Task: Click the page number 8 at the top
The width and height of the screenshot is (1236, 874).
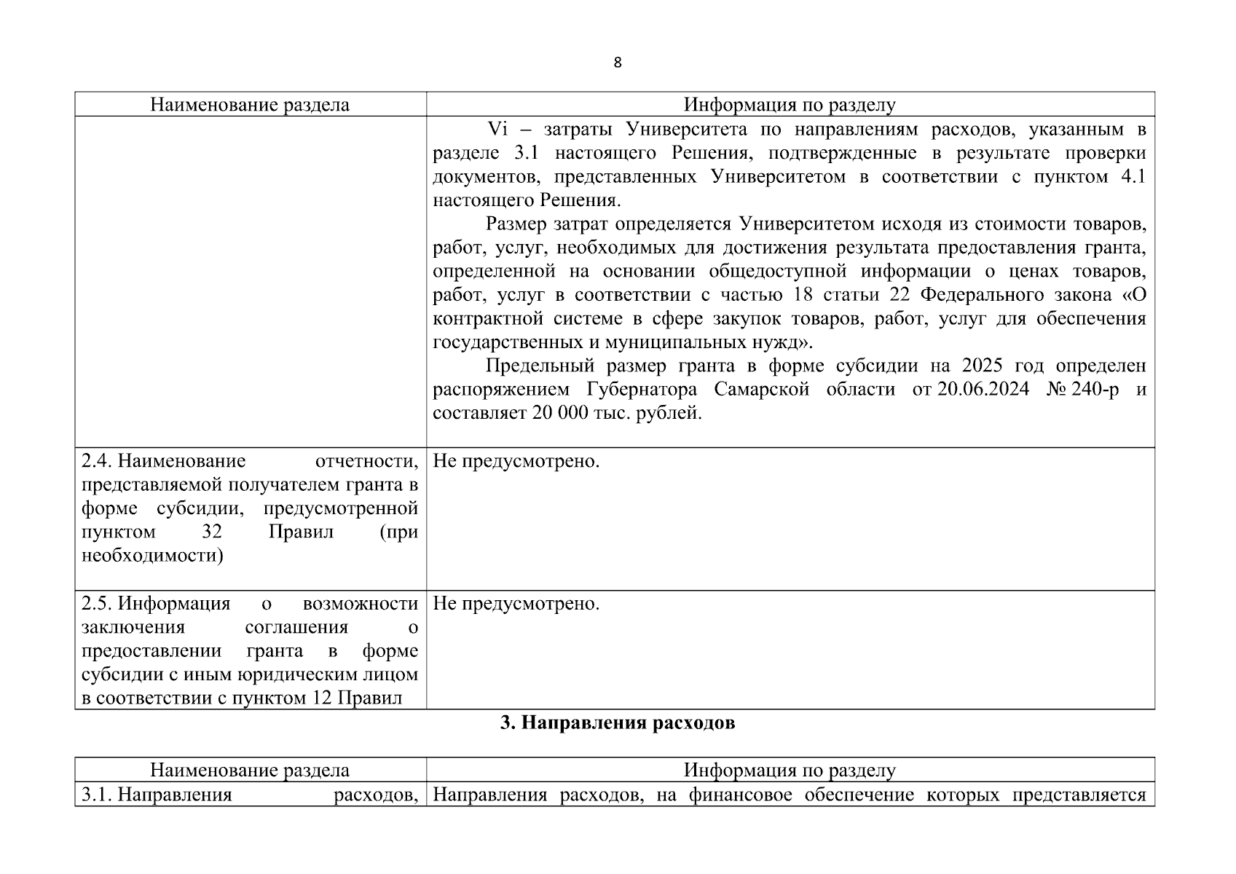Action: point(618,63)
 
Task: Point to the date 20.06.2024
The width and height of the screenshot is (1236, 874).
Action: point(983,389)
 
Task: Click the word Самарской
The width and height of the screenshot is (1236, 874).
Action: point(761,389)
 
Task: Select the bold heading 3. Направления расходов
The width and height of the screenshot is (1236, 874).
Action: point(618,723)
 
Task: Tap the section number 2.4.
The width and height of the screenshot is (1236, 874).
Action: point(96,461)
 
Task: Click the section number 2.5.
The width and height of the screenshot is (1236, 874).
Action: point(96,604)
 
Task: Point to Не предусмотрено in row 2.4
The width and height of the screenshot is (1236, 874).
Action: point(516,461)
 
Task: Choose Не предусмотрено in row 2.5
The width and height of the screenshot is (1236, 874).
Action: point(516,604)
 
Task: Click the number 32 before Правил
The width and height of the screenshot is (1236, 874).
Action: point(212,532)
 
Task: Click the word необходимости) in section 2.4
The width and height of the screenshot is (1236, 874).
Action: point(152,555)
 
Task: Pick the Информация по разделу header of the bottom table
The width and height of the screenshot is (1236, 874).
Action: point(790,770)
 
